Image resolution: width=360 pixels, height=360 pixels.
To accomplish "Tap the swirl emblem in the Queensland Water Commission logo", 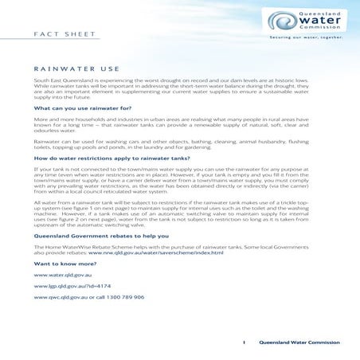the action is [x=280, y=22].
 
